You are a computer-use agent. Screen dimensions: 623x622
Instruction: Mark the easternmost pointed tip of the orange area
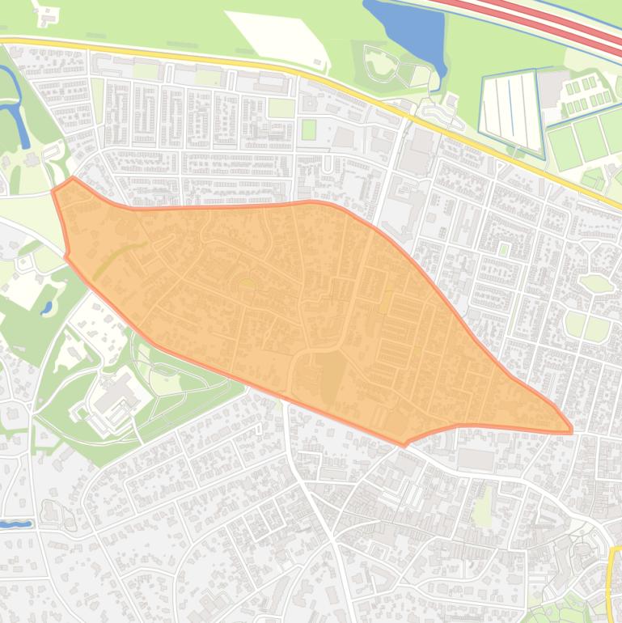(572, 429)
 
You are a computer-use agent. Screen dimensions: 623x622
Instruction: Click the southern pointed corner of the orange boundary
(404, 444)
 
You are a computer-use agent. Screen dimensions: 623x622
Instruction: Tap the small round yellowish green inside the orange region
(246, 283)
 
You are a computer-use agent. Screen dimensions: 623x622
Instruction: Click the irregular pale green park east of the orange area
(597, 283)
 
